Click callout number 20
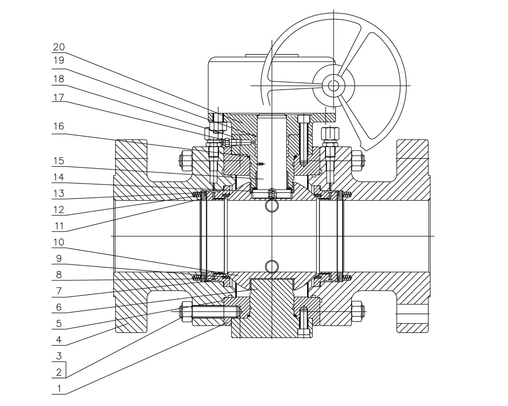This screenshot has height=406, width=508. point(59,47)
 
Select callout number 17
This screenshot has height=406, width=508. point(59,97)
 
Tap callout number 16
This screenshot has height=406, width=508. point(59,127)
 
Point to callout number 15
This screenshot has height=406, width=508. point(59,161)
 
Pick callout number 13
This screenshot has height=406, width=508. point(59,193)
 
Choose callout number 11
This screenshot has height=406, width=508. point(59,226)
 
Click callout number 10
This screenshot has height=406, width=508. point(59,242)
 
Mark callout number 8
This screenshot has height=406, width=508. point(59,275)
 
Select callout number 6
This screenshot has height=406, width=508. point(59,307)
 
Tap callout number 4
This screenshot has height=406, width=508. point(59,340)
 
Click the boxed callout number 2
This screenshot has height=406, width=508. point(59,372)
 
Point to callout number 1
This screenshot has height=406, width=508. point(59,388)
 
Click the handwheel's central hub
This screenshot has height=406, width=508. point(333,85)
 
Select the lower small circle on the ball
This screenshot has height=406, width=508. point(271,266)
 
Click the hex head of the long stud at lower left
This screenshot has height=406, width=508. point(186,312)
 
